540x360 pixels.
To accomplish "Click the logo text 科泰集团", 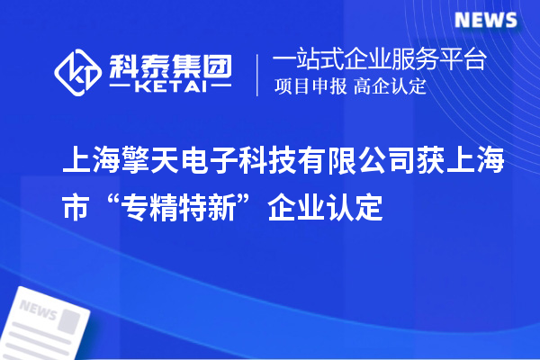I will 171,62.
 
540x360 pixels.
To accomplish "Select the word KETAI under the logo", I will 171,87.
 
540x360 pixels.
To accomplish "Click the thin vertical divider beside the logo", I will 258,72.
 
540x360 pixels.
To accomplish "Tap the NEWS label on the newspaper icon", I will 38,310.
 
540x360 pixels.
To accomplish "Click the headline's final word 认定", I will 357,210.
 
